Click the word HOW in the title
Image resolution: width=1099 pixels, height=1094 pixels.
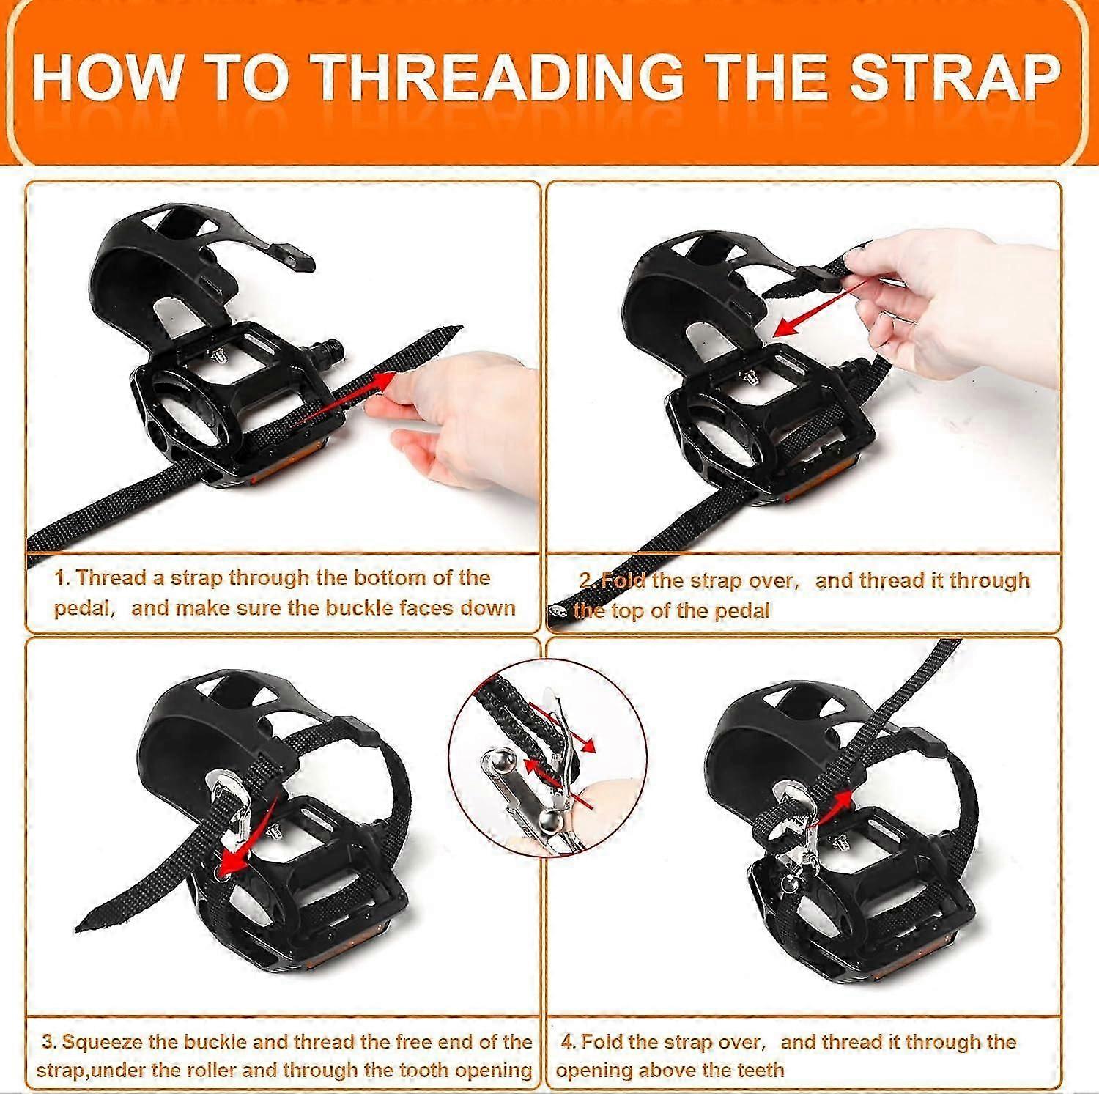click(x=107, y=76)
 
